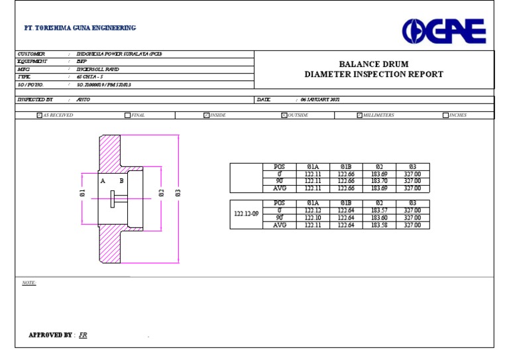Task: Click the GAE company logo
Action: [444, 31]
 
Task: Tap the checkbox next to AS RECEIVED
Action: [39, 115]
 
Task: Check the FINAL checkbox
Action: [127, 115]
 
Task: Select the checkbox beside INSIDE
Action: [206, 115]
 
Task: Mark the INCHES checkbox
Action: [445, 115]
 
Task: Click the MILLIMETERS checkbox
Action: [359, 115]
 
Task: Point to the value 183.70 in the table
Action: [379, 181]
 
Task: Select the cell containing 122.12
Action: [312, 211]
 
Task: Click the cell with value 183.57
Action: [379, 211]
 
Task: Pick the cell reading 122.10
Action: [312, 218]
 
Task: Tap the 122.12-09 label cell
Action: [246, 214]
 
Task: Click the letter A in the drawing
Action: [103, 180]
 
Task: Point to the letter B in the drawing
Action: [121, 180]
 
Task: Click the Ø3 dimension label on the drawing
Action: [178, 193]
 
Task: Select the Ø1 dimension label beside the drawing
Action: [82, 193]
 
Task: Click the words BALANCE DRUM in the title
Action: [374, 64]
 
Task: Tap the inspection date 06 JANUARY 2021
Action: [319, 99]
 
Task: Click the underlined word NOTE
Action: [28, 283]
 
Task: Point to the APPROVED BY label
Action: [50, 335]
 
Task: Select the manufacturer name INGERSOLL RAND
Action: [97, 69]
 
